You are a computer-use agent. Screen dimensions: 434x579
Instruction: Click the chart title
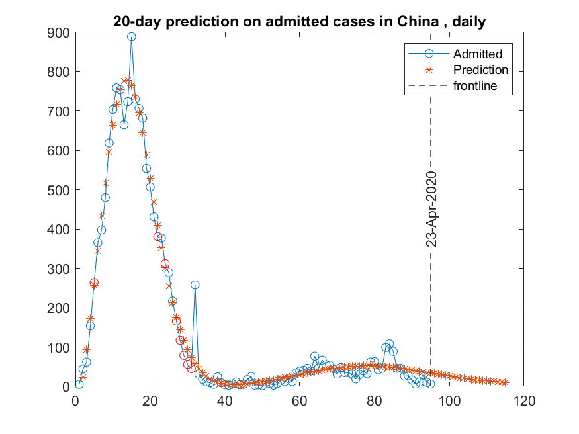[300, 22]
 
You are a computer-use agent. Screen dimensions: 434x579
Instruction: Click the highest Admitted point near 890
[132, 37]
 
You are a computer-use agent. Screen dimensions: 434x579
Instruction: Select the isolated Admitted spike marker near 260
[195, 284]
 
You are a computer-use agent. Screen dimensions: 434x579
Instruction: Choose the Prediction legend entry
[480, 69]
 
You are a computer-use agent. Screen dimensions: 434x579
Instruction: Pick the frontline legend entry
[474, 85]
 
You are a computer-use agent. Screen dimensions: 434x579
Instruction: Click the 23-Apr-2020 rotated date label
[431, 209]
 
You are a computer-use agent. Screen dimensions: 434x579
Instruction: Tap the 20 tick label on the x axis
[150, 400]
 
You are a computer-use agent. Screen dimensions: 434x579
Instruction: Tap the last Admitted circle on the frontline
[430, 384]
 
